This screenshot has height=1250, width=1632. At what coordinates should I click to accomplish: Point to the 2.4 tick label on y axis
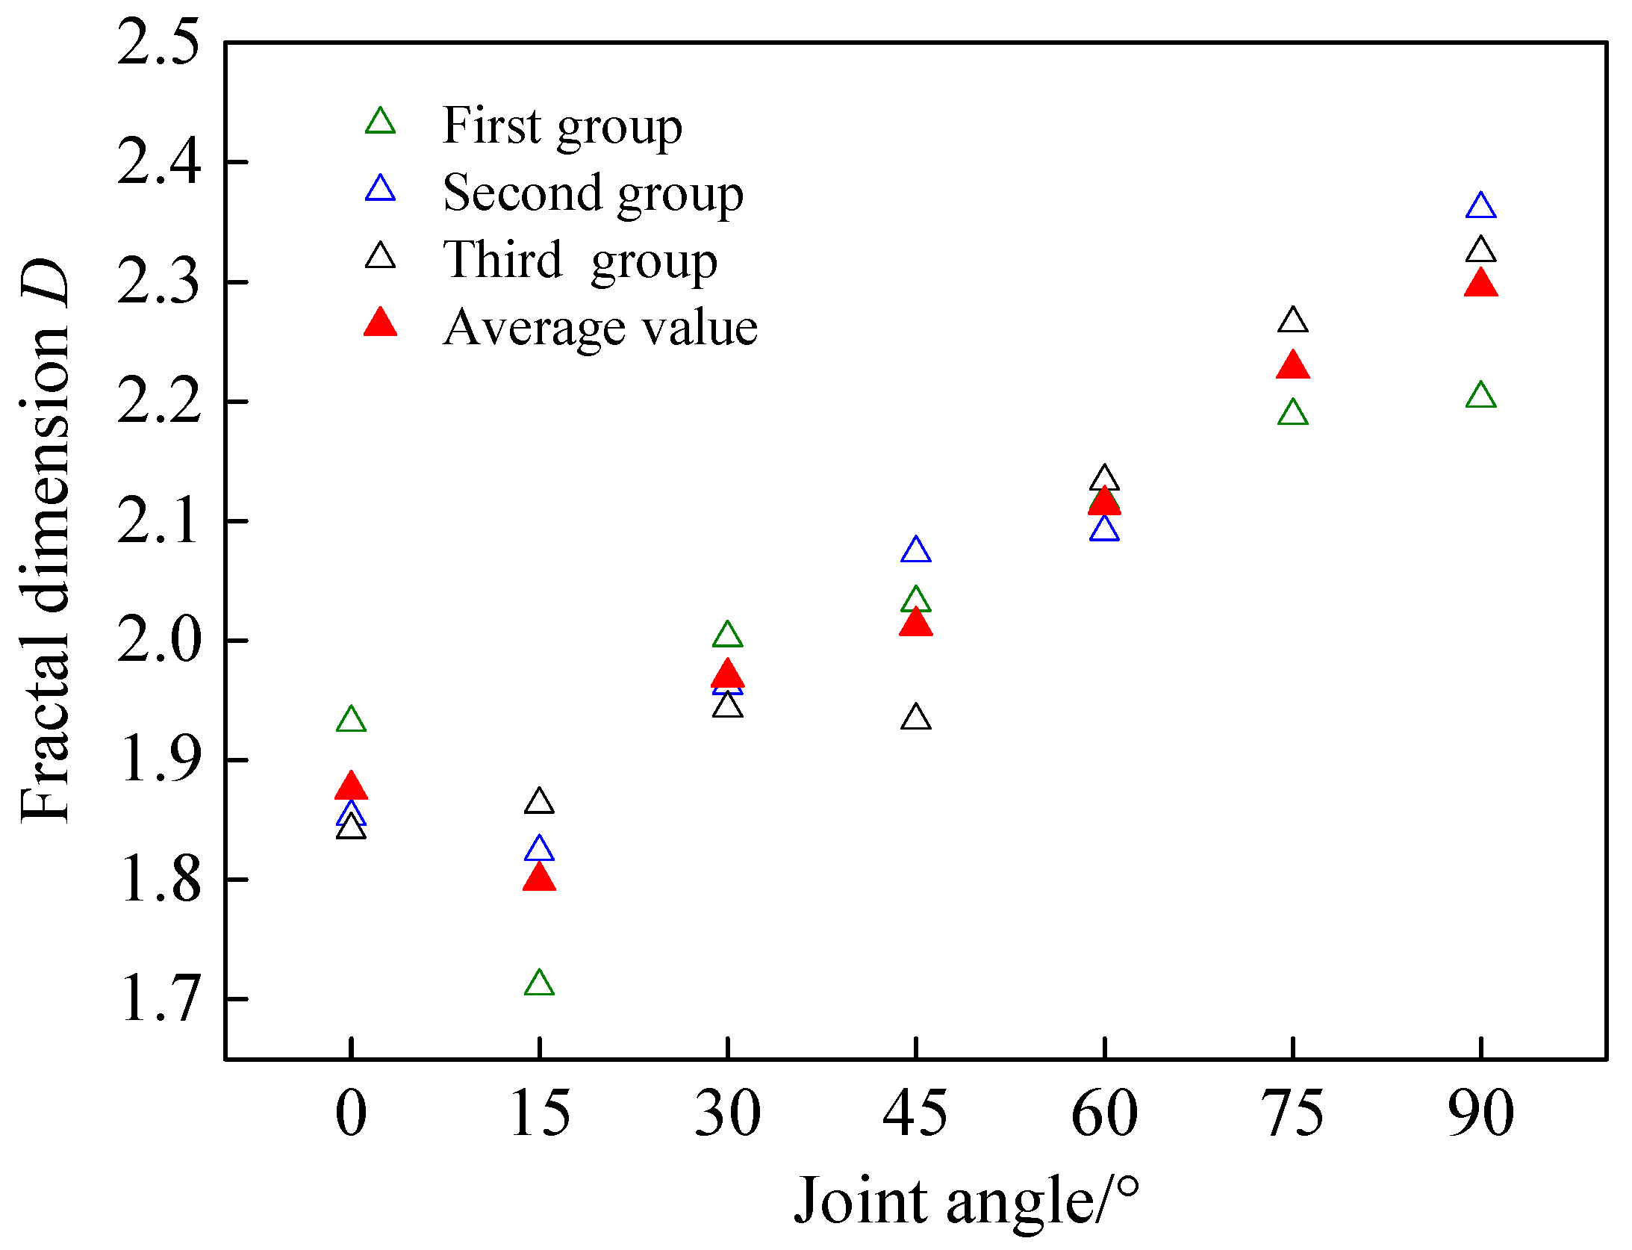click(x=159, y=162)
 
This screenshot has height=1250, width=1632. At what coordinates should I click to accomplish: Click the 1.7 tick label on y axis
click(x=159, y=999)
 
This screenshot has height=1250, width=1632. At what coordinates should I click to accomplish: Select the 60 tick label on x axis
click(x=1103, y=1114)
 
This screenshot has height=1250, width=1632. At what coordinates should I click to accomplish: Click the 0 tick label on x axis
click(x=351, y=1114)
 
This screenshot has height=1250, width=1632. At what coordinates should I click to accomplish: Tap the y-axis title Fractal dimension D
click(x=45, y=541)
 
